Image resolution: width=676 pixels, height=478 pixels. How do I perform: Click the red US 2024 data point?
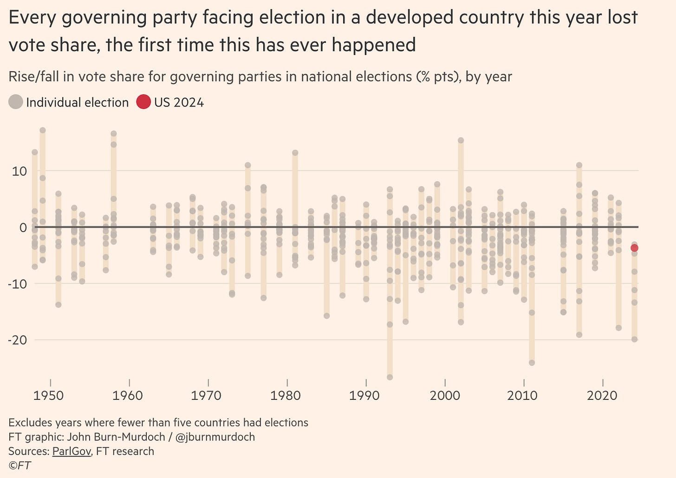point(634,248)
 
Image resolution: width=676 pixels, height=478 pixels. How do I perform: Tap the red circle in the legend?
point(143,102)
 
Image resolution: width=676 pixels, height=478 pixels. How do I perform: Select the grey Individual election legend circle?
point(16,102)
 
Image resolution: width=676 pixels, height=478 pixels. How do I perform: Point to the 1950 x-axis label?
point(49,396)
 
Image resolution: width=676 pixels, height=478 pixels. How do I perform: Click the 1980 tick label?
point(286,396)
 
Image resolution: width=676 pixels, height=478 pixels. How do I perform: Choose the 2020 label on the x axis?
point(602,396)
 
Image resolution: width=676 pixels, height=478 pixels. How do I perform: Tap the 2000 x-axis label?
point(444,396)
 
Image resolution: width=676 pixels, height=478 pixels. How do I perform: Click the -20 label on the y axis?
point(17,340)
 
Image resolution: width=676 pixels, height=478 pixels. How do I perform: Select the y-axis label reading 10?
point(19,171)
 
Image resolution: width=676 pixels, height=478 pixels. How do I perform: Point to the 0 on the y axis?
point(23,227)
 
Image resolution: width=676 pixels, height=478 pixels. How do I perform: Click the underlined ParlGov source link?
point(71,451)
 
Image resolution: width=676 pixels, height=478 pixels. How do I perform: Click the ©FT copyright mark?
point(19,465)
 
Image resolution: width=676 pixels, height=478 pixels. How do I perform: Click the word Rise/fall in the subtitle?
point(33,77)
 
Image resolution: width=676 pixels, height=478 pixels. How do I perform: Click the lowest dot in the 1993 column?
point(390,377)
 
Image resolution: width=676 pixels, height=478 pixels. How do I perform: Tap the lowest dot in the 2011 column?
point(532,363)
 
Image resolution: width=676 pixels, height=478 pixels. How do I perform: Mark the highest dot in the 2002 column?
point(461,140)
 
